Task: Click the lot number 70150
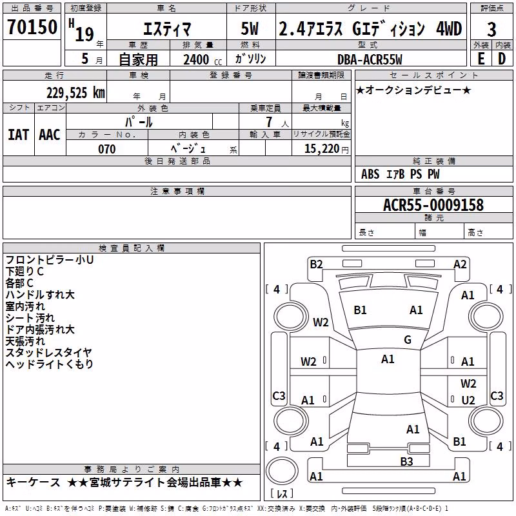[x=32, y=27]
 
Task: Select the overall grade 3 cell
[x=491, y=30]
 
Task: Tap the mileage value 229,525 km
[x=75, y=93]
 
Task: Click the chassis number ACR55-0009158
[x=433, y=205]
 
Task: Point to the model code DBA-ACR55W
[x=370, y=59]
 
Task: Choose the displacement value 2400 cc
[x=203, y=59]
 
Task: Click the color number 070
[x=107, y=149]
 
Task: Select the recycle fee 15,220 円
[x=326, y=149]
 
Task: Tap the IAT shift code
[x=19, y=135]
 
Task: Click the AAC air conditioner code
[x=50, y=135]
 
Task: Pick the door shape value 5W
[x=250, y=28]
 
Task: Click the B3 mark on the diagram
[x=406, y=462]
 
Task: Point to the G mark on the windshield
[x=408, y=339]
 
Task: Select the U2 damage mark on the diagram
[x=468, y=400]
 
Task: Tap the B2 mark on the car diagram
[x=316, y=264]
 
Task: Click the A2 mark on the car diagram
[x=460, y=264]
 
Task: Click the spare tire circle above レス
[x=282, y=471]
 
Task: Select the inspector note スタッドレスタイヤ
[x=49, y=352]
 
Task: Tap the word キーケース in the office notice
[x=34, y=482]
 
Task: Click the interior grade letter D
[x=502, y=59]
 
